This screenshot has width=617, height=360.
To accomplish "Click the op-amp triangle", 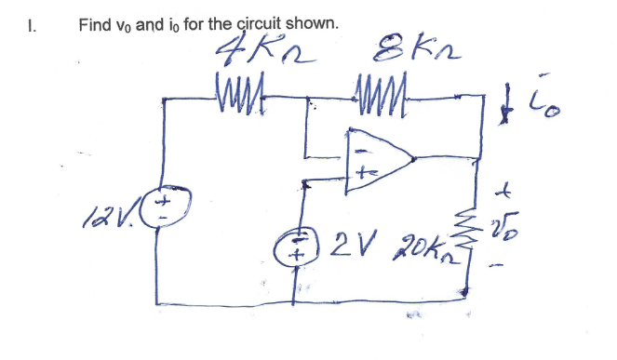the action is click(377, 161).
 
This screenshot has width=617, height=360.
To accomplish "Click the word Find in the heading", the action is click(94, 22).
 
